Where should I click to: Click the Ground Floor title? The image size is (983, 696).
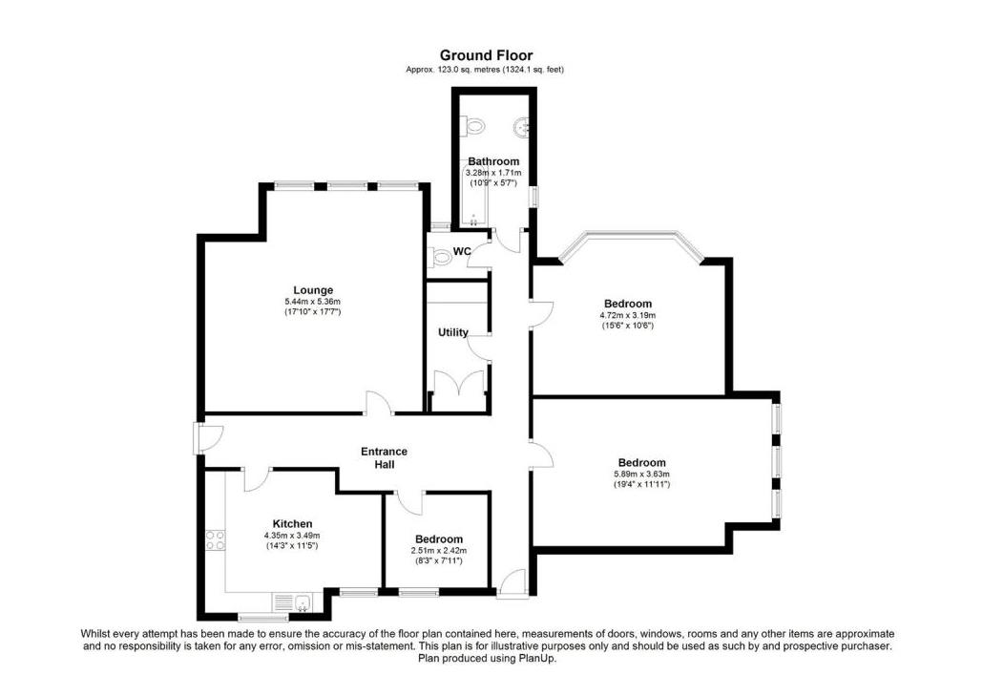[486, 55]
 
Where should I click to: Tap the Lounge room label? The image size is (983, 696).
[312, 290]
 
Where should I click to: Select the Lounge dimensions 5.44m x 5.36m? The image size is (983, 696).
[312, 302]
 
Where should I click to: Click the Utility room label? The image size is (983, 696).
[452, 332]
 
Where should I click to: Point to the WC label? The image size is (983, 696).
[462, 252]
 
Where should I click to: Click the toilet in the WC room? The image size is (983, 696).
[441, 257]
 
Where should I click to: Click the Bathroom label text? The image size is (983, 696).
[493, 161]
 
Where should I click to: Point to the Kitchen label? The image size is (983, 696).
[292, 523]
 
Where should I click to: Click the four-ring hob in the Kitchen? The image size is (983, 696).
[215, 542]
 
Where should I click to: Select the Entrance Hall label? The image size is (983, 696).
[384, 457]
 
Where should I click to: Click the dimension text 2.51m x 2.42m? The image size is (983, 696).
[438, 551]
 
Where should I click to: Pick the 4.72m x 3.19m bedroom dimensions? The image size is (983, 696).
[627, 315]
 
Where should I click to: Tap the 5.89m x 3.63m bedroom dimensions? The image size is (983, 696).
[641, 474]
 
